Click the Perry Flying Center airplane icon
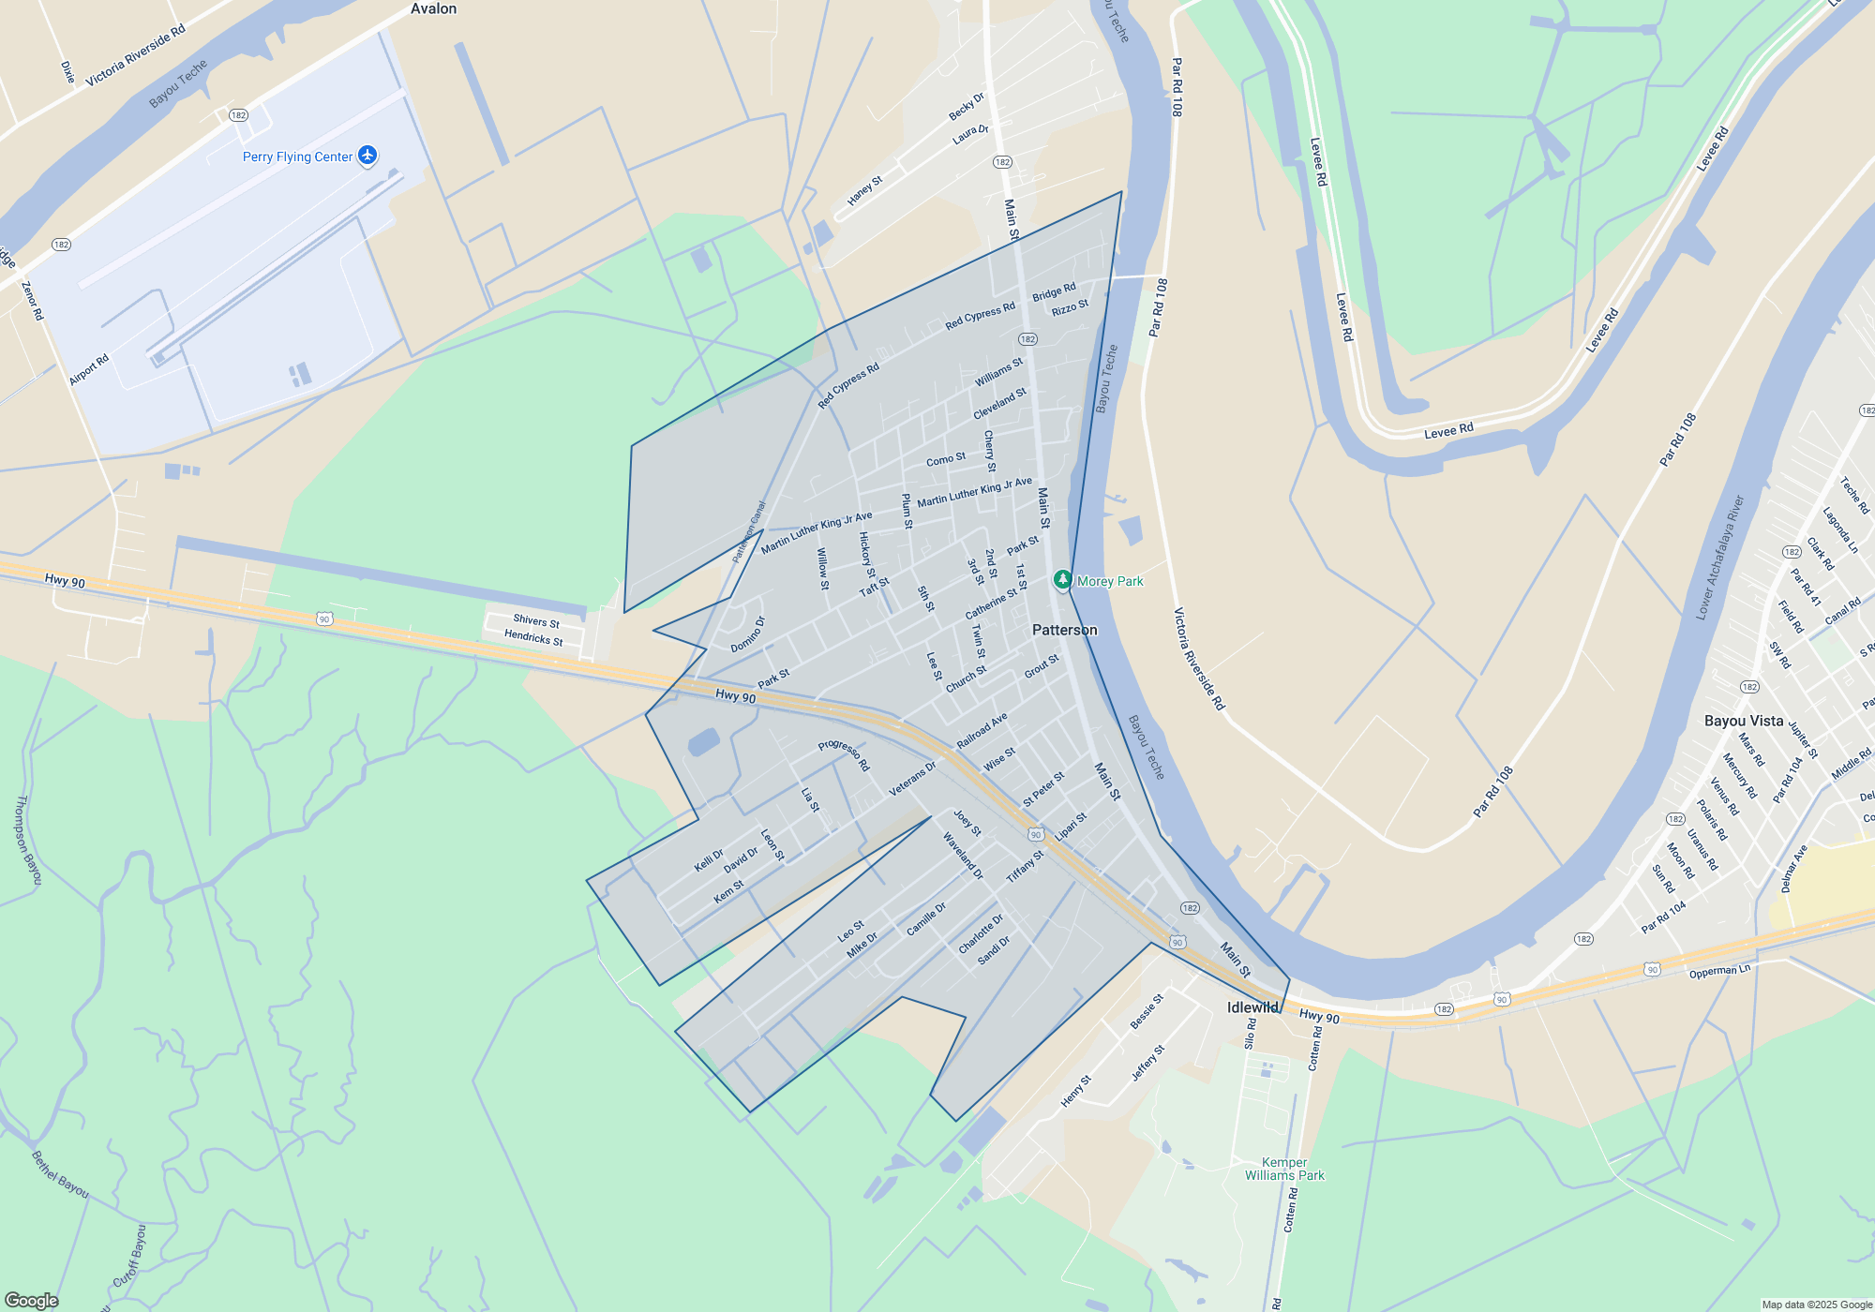pyautogui.click(x=367, y=156)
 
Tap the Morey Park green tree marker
pyautogui.click(x=1062, y=580)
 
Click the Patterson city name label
pyautogui.click(x=1064, y=630)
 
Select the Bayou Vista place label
pyautogui.click(x=1743, y=721)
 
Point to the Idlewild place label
pyautogui.click(x=1252, y=1007)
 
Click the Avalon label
pyautogui.click(x=433, y=8)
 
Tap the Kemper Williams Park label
pyautogui.click(x=1284, y=1169)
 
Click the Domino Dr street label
pyautogui.click(x=748, y=634)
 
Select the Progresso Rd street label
pyautogui.click(x=844, y=754)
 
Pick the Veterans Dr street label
pyautogui.click(x=912, y=779)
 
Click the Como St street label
pyautogui.click(x=945, y=459)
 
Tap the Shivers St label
pyautogui.click(x=536, y=620)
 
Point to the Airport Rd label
pyautogui.click(x=89, y=369)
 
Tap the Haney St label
pyautogui.click(x=864, y=191)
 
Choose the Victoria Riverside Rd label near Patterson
pyautogui.click(x=1199, y=658)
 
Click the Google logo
pyautogui.click(x=32, y=1300)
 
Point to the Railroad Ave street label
pyautogui.click(x=982, y=730)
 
